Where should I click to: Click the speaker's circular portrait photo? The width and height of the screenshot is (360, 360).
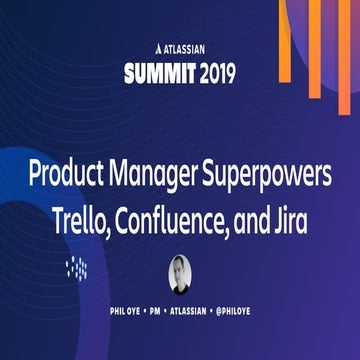[x=180, y=273]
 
